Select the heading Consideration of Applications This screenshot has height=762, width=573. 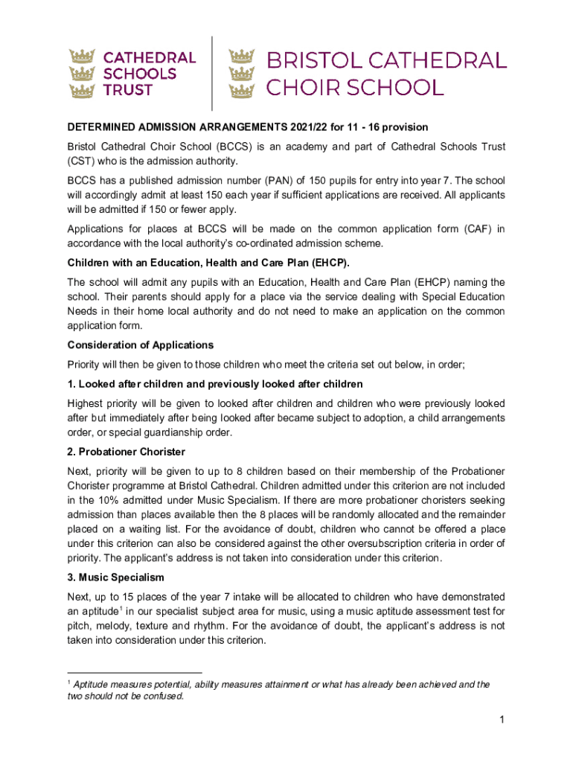pyautogui.click(x=141, y=345)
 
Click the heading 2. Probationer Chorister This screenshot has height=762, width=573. pyautogui.click(x=127, y=452)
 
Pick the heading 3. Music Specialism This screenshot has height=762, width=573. pyautogui.click(x=116, y=577)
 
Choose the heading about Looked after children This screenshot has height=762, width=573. pyautogui.click(x=215, y=384)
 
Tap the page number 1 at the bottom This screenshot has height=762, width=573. pyautogui.click(x=503, y=719)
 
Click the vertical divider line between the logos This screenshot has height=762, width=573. pyautogui.click(x=214, y=73)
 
